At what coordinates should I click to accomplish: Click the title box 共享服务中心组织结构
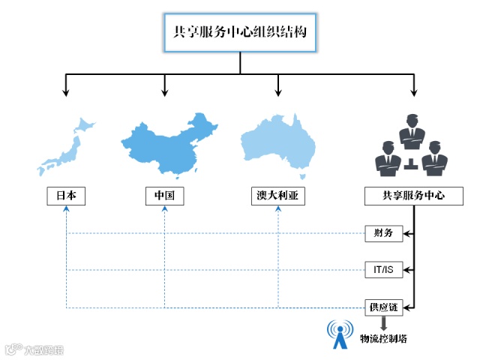[240, 33]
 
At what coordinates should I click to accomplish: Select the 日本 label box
[66, 196]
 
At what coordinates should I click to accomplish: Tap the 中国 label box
[164, 196]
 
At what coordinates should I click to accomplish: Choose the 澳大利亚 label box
[278, 196]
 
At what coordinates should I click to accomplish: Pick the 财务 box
[383, 233]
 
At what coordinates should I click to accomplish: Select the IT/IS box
[383, 269]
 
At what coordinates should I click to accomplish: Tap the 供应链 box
[383, 307]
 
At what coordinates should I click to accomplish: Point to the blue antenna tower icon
[340, 335]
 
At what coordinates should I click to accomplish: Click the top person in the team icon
[412, 131]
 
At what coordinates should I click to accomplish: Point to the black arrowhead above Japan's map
[66, 93]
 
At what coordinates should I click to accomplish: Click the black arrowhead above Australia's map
[278, 93]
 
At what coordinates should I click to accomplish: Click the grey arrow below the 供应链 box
[383, 325]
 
